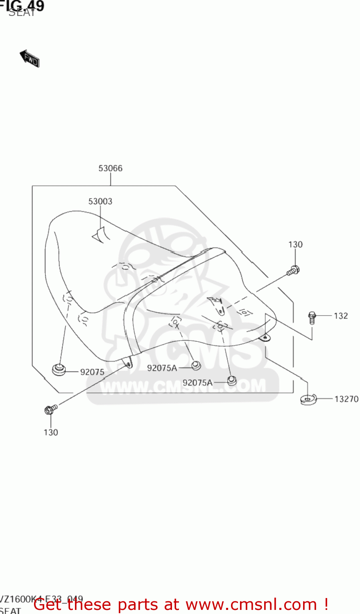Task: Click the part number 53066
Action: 110,168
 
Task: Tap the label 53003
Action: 100,201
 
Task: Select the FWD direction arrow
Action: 30,59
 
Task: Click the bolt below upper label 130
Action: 293,271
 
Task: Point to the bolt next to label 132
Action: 312,317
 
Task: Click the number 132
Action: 341,316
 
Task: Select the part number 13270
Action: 346,399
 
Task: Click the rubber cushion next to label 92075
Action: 59,369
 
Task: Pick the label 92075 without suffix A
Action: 92,372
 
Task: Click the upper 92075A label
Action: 162,368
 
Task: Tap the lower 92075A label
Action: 197,383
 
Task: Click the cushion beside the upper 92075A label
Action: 196,365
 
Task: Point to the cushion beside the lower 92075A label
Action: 232,381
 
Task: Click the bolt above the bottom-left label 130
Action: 50,409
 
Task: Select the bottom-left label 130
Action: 51,432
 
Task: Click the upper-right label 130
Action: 295,245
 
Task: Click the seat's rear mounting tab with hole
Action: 265,338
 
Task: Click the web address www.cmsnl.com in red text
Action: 251,605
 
